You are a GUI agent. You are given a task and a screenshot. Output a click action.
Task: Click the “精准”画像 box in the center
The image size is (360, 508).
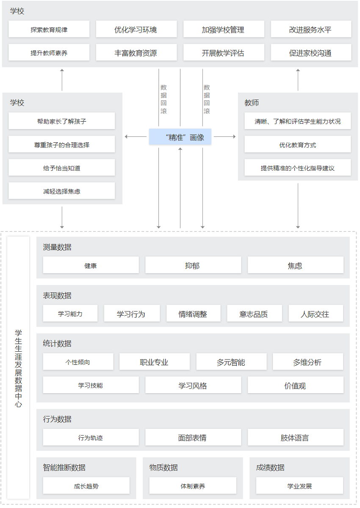[x=180, y=137]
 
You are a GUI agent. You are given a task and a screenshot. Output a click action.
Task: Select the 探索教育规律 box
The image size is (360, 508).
[x=49, y=30]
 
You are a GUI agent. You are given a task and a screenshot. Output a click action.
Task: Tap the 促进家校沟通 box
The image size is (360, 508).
[x=311, y=53]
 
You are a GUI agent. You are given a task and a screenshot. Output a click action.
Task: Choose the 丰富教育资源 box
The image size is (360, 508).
[x=136, y=53]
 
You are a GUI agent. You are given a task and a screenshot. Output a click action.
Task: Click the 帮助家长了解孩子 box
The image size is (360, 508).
[x=62, y=121]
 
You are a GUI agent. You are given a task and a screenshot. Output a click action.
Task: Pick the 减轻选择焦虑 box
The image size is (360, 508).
[x=62, y=191]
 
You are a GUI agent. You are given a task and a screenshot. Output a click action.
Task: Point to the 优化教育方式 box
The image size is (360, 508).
[x=297, y=145]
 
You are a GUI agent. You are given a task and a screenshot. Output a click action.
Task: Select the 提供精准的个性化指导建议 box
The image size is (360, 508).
[x=297, y=168]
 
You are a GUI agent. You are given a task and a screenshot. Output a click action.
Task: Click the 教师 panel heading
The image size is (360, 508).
[x=252, y=103]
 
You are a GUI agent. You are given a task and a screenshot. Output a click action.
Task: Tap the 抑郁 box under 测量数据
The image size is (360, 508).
[x=193, y=265]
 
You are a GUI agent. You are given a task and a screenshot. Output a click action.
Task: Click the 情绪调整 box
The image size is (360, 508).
[x=193, y=314]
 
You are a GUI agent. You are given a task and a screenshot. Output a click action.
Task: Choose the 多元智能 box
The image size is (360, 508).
[x=231, y=362]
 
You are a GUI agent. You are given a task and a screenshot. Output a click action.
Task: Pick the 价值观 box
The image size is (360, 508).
[x=296, y=385]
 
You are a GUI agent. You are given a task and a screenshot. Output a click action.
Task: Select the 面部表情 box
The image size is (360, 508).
[x=193, y=437]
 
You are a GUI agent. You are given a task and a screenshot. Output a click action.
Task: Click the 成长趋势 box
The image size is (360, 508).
[x=86, y=486]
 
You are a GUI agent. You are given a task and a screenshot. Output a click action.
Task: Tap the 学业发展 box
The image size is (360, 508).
[x=299, y=486]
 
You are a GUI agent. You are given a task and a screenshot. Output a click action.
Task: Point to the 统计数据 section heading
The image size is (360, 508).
[x=57, y=344]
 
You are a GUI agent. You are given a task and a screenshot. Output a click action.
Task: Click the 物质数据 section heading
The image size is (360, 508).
[x=163, y=467]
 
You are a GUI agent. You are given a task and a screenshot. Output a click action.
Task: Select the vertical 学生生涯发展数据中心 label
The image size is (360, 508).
[x=19, y=368]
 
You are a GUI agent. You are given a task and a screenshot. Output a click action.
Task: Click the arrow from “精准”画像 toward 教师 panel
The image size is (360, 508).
[x=224, y=137]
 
